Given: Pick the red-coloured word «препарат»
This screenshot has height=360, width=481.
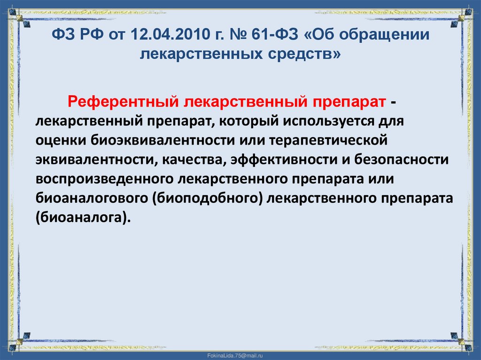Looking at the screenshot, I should (x=346, y=102).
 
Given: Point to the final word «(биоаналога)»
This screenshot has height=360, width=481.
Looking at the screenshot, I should (x=82, y=218).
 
